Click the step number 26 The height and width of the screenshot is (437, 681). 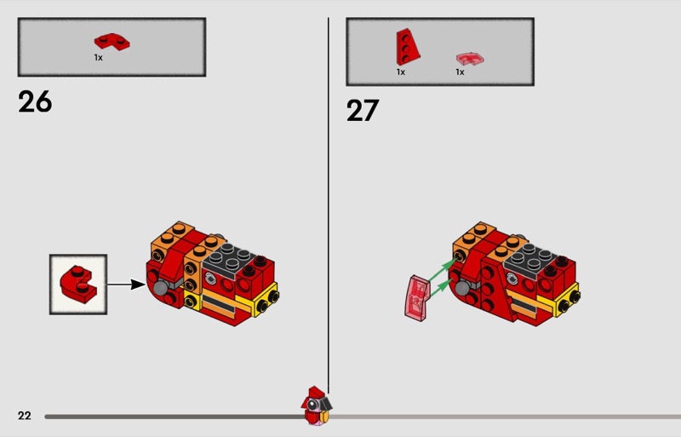35,101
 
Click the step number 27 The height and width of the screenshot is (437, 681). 363,111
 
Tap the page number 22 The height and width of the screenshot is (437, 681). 25,416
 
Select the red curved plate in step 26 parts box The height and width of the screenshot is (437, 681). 112,41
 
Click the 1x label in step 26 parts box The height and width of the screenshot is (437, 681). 99,57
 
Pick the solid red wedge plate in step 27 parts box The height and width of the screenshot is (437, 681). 408,47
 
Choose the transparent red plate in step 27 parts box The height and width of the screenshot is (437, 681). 470,59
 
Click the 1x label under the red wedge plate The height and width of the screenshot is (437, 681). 400,72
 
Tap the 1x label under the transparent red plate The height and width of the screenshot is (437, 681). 460,72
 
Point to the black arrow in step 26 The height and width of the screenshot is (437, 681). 126,285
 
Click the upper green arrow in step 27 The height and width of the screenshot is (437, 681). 443,269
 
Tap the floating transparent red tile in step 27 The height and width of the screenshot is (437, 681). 417,298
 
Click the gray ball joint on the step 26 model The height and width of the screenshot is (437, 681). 161,287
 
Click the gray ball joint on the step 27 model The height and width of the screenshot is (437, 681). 463,287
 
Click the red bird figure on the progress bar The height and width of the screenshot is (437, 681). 316,405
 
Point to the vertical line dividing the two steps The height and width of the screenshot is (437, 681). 329,205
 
